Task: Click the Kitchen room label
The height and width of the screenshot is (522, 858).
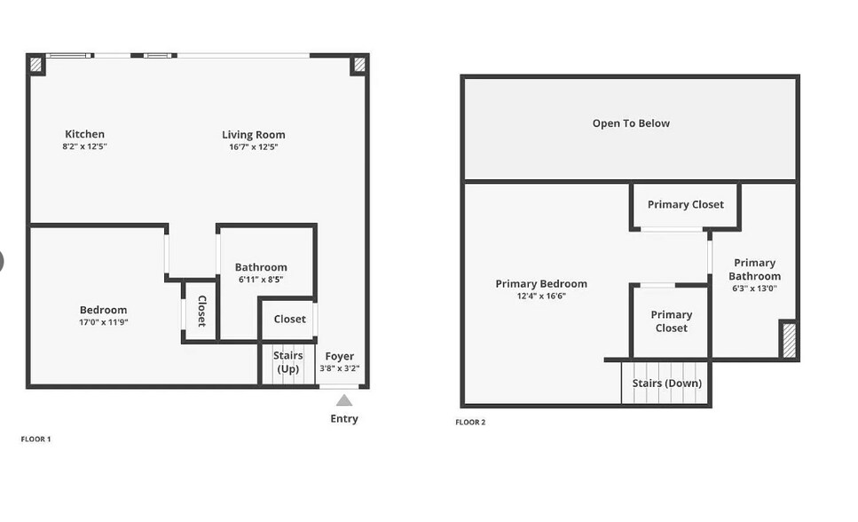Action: pyautogui.click(x=85, y=134)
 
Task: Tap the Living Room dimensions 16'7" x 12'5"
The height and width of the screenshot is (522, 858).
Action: pyautogui.click(x=254, y=146)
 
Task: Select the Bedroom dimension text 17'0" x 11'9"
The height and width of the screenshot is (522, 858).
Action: pyautogui.click(x=104, y=322)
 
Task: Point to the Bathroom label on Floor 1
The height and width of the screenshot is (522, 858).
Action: pyautogui.click(x=261, y=267)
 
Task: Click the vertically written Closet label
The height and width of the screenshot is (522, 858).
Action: pyautogui.click(x=202, y=311)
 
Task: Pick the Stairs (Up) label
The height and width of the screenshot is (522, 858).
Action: pyautogui.click(x=288, y=362)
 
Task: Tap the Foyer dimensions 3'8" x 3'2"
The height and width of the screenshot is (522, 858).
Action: pyautogui.click(x=340, y=368)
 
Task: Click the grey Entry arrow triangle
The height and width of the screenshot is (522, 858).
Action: pyautogui.click(x=344, y=400)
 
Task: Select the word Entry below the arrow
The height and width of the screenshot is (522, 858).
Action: pyautogui.click(x=344, y=419)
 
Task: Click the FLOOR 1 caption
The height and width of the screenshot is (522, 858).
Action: pyautogui.click(x=35, y=439)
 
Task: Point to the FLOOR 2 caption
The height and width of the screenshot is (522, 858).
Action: pyautogui.click(x=470, y=423)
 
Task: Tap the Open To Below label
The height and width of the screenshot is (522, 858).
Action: pyautogui.click(x=631, y=123)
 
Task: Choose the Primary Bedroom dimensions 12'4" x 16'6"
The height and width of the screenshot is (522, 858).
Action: pyautogui.click(x=541, y=297)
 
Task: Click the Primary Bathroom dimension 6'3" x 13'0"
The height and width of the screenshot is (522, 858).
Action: pyautogui.click(x=754, y=289)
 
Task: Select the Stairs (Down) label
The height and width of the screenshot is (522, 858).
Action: pyautogui.click(x=667, y=384)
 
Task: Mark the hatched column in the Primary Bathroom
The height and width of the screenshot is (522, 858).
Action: pyautogui.click(x=789, y=340)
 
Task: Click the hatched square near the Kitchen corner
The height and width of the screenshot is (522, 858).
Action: pyautogui.click(x=36, y=65)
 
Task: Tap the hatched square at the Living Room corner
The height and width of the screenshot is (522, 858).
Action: pyautogui.click(x=359, y=65)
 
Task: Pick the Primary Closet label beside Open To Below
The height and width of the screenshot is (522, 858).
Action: pyautogui.click(x=686, y=205)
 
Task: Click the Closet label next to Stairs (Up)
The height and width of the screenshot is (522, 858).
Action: pyautogui.click(x=290, y=320)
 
